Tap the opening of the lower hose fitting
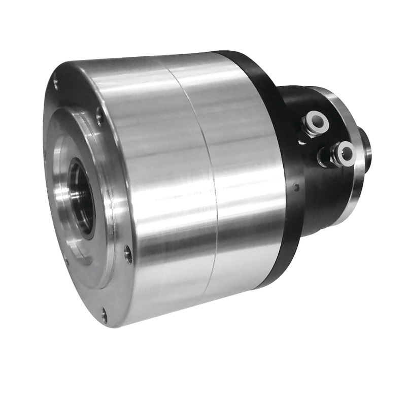coord(346,151)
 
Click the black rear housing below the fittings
coord(325,203)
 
